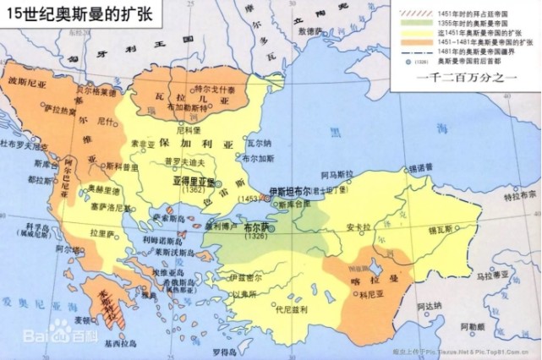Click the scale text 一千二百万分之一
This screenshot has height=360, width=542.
[x=464, y=77]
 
